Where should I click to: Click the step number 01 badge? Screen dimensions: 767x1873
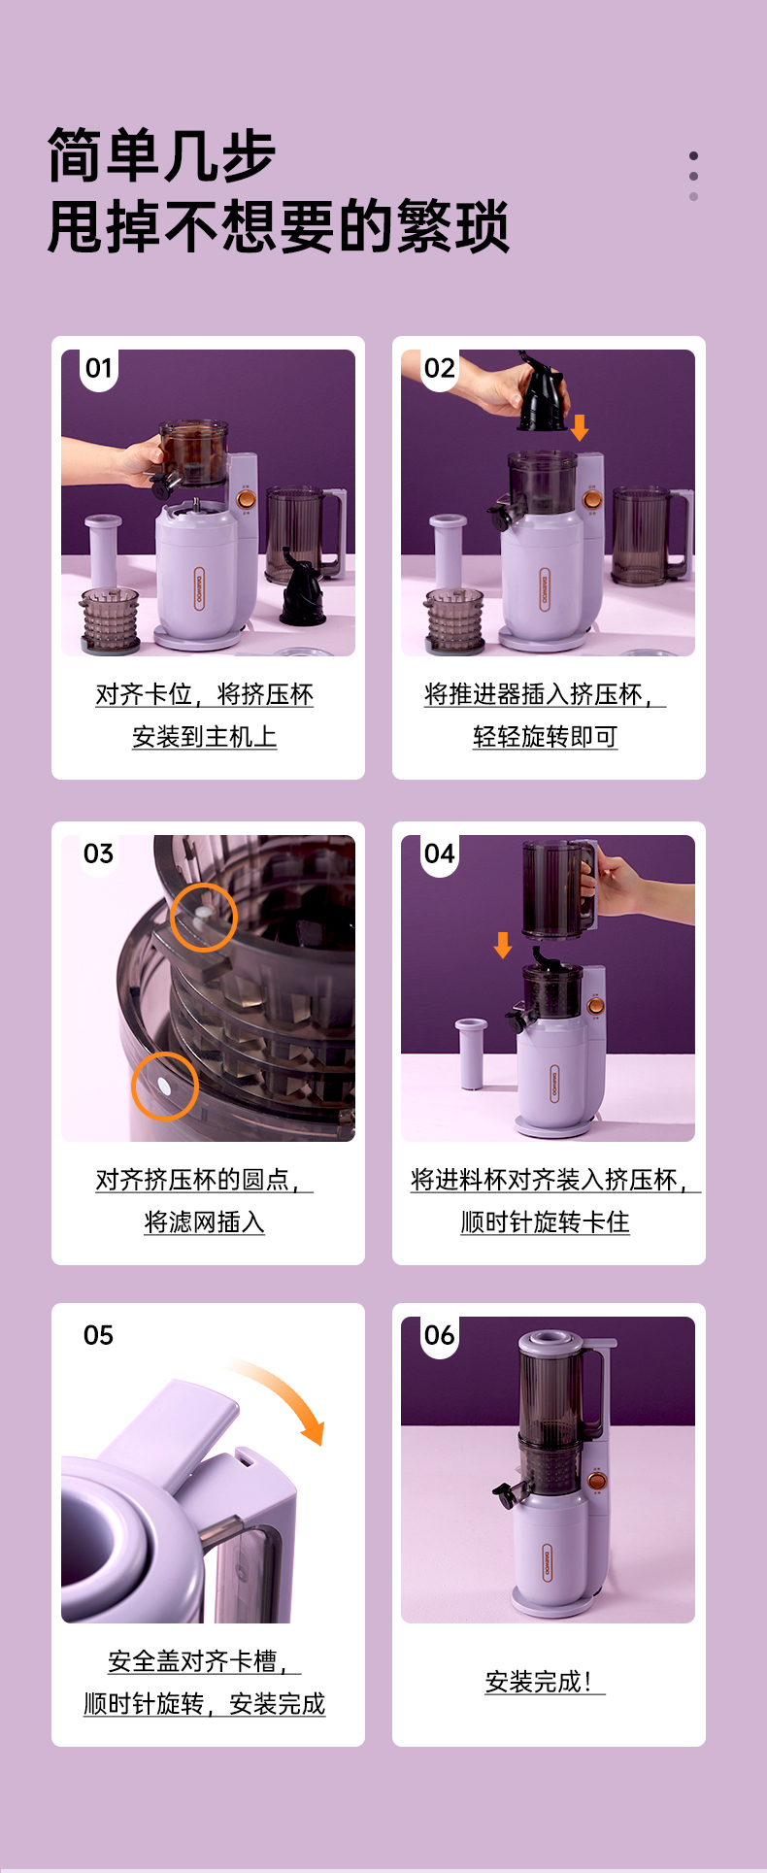99,368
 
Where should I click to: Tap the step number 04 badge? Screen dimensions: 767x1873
439,853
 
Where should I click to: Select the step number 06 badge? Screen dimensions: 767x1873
439,1335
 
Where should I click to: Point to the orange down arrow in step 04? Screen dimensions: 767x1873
502,945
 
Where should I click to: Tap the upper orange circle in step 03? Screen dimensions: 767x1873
204,917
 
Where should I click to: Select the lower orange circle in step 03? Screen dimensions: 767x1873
165,1086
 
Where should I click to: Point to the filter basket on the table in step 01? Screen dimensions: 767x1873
110,619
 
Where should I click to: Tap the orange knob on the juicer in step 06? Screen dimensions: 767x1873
597,1482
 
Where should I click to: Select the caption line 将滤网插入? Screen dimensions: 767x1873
204,1221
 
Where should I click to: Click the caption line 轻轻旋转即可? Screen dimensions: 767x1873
545,736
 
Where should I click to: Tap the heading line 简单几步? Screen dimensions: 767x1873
162,155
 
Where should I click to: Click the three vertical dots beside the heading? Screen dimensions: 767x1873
693,176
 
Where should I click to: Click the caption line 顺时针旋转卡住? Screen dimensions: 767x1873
545,1221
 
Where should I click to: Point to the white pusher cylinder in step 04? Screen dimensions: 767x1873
471,1054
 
